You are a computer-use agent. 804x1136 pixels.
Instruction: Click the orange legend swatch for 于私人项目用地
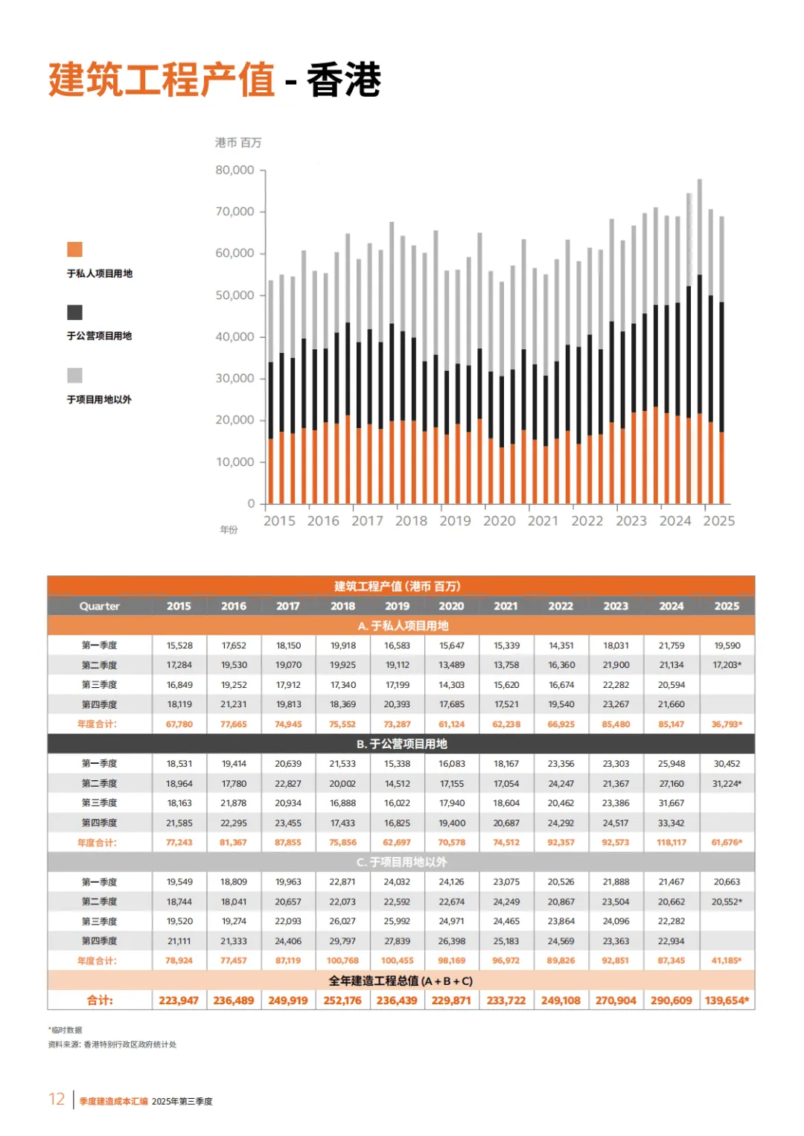[74, 249]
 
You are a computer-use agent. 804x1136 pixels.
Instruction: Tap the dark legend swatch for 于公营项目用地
[74, 313]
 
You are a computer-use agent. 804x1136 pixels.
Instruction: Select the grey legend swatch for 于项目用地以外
[74, 375]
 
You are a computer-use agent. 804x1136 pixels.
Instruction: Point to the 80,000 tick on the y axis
[234, 170]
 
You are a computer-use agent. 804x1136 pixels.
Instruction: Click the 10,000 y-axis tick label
[234, 462]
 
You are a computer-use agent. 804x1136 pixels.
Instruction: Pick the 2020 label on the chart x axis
[499, 521]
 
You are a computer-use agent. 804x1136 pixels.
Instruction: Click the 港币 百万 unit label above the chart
[238, 142]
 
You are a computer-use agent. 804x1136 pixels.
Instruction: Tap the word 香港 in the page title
[344, 80]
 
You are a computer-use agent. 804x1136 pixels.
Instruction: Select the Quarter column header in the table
[100, 606]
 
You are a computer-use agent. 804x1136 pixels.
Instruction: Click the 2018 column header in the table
[342, 606]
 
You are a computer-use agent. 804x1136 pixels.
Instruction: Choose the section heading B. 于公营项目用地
[401, 744]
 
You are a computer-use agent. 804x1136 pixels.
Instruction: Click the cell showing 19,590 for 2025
[727, 645]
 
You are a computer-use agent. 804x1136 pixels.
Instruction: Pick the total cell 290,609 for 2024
[671, 1001]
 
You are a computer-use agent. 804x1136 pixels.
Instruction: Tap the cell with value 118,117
[671, 843]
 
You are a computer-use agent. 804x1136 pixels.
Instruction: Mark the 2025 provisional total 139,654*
[727, 1001]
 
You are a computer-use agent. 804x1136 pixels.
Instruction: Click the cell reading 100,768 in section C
[342, 961]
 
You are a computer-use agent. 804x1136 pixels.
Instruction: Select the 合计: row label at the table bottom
[100, 1001]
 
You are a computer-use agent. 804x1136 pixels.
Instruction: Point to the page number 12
[57, 1100]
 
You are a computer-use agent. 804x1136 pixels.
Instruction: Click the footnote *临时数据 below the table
[66, 1030]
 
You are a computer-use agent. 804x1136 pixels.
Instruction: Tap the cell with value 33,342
[671, 823]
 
